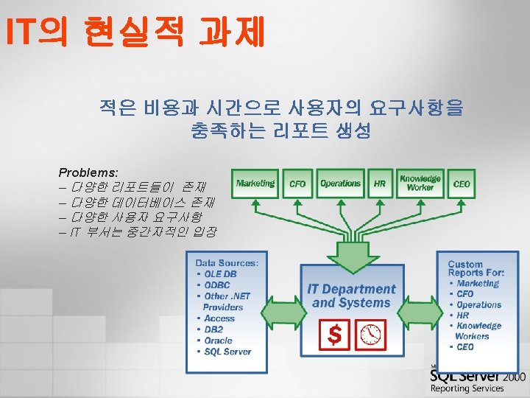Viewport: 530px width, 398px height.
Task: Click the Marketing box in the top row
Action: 255,183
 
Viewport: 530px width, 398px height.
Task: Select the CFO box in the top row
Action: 297,184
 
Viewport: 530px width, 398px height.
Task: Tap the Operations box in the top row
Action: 341,183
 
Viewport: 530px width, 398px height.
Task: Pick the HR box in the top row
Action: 380,184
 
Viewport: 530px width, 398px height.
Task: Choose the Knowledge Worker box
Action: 420,183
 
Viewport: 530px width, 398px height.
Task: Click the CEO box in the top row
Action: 462,184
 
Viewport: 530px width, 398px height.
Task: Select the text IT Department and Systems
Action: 351,296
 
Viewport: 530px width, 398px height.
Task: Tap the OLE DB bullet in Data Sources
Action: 220,274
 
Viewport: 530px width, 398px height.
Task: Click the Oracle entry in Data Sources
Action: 218,341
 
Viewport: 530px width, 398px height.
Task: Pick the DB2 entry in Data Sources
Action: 214,329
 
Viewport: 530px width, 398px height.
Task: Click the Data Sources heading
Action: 227,263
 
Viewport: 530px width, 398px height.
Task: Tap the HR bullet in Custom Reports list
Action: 464,315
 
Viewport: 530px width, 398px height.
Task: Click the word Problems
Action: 88,171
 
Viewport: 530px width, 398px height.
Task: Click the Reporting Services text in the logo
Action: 467,388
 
